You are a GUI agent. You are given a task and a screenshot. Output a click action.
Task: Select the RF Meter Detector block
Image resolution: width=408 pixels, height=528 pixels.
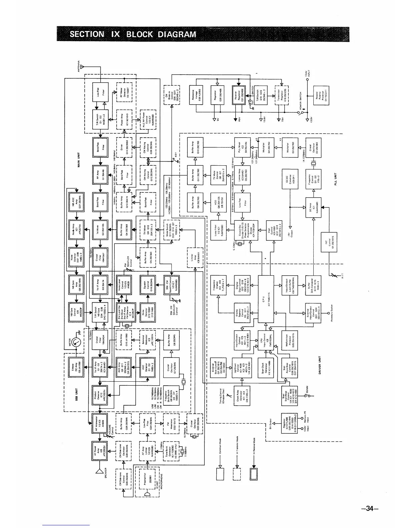[124, 91]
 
